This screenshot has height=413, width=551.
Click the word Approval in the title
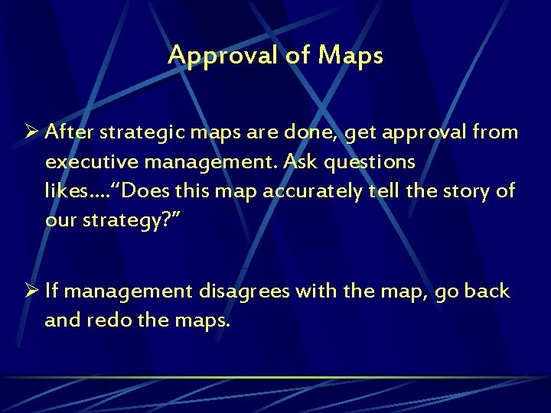pyautogui.click(x=211, y=56)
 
